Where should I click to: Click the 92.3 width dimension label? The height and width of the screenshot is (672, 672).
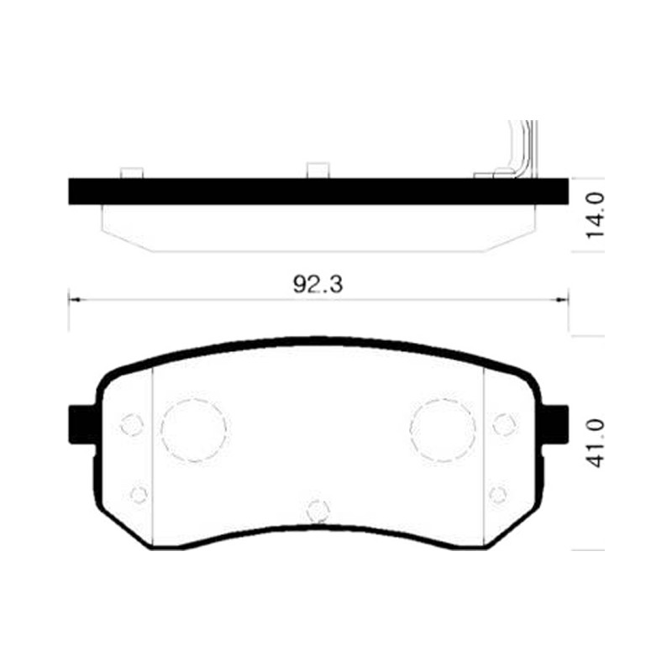318,284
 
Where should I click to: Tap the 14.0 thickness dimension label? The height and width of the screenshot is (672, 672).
595,216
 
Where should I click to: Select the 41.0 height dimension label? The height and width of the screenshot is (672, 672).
595,444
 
